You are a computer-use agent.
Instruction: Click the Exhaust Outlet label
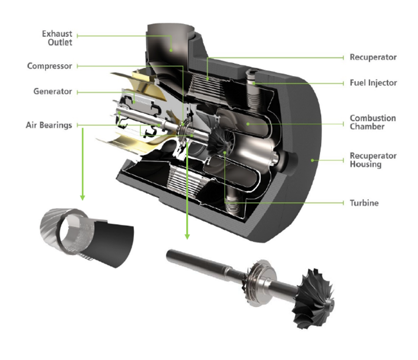click(57, 38)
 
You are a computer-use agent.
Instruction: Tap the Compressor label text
click(50, 66)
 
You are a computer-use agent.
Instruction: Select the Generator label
click(53, 91)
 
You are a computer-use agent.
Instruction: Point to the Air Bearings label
click(49, 125)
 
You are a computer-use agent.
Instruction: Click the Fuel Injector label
click(373, 83)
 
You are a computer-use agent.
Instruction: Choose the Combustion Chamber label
click(373, 122)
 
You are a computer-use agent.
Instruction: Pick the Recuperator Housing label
click(373, 160)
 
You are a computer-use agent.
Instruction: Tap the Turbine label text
click(364, 203)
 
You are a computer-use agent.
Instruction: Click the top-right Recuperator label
click(373, 57)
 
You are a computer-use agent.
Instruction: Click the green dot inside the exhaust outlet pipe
click(171, 50)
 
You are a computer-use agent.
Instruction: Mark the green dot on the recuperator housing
click(312, 160)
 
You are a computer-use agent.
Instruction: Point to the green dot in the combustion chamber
click(248, 124)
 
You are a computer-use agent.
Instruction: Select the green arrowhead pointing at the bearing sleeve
click(83, 197)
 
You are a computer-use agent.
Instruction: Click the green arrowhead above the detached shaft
click(187, 236)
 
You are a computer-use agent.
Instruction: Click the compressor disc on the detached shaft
click(259, 283)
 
